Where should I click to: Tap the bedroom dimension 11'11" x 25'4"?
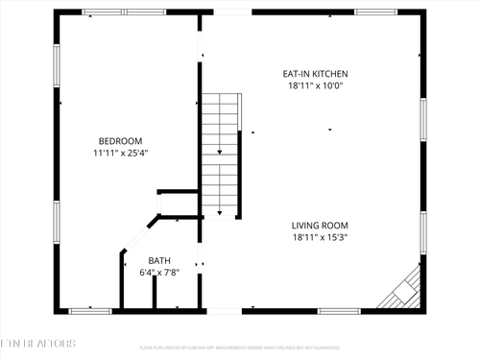click(x=120, y=152)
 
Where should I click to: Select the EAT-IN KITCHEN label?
click(x=314, y=73)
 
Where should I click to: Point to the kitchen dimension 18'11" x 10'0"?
click(x=314, y=85)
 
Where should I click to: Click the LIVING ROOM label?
click(x=319, y=226)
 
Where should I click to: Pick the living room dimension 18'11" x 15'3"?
click(x=319, y=238)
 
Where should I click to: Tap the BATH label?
click(x=159, y=260)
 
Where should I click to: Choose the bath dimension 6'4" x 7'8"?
click(x=159, y=273)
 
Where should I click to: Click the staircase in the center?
click(x=219, y=154)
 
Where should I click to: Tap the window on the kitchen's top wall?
click(x=375, y=12)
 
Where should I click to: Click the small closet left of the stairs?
click(x=180, y=204)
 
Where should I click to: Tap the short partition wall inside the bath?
click(x=154, y=292)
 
